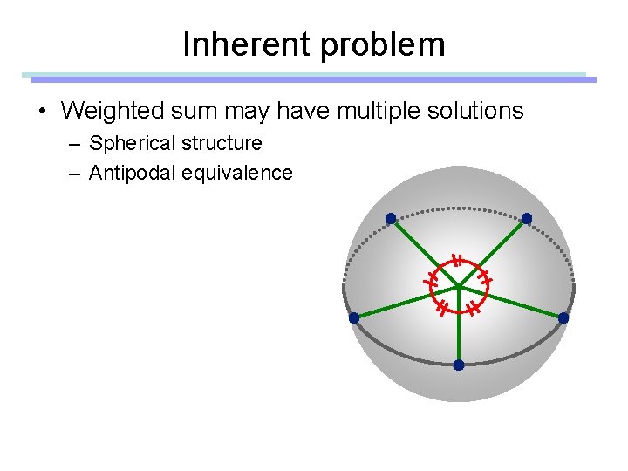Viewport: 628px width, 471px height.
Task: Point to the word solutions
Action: click(x=472, y=111)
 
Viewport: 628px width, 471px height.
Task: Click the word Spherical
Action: click(x=132, y=143)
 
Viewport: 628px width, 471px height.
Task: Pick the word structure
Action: click(x=220, y=143)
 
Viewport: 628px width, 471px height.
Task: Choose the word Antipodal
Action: click(x=133, y=173)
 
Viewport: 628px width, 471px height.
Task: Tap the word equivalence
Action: click(x=237, y=173)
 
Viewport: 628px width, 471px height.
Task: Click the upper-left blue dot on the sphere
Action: click(x=391, y=218)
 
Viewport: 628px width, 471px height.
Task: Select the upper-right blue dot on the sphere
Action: click(x=527, y=218)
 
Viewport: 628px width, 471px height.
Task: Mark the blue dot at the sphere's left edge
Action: click(x=354, y=318)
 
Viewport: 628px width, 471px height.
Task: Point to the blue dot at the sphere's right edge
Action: click(x=563, y=318)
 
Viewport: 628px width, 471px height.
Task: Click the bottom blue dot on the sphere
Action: click(x=459, y=365)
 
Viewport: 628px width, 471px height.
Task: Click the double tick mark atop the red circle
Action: click(x=455, y=260)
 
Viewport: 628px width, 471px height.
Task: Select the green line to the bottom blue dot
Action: click(x=459, y=331)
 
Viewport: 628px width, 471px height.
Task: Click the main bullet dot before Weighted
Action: click(x=41, y=112)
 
